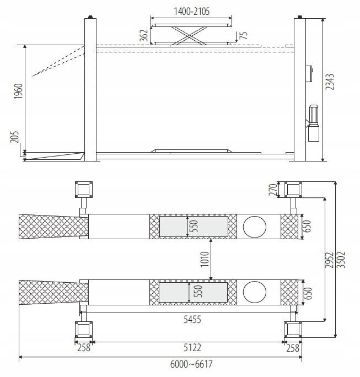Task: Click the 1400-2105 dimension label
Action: click(192, 12)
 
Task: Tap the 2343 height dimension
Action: click(330, 82)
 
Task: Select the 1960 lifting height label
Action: click(18, 91)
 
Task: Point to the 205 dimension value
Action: click(14, 137)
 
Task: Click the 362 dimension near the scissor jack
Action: click(144, 35)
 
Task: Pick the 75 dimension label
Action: click(244, 35)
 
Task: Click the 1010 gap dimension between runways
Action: click(205, 259)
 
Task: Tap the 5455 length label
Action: click(192, 320)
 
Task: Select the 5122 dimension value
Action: click(192, 348)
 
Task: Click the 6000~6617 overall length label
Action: click(191, 364)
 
